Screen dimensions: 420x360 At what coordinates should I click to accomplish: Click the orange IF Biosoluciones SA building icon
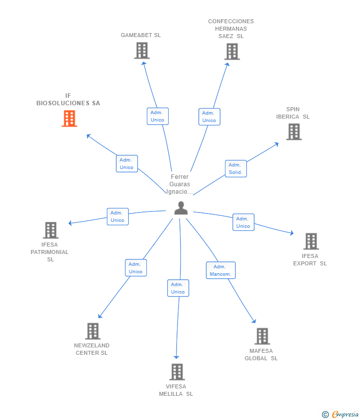(x=69, y=119)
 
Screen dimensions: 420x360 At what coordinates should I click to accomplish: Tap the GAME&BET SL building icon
(x=142, y=50)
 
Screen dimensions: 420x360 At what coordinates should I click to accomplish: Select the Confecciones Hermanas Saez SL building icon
(x=232, y=51)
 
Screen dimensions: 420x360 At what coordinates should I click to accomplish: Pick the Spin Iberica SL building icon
(x=294, y=132)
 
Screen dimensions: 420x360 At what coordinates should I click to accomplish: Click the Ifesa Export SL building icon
(x=311, y=242)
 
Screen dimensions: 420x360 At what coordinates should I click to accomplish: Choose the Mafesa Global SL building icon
(x=262, y=336)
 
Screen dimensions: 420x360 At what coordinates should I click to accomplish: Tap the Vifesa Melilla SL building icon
(x=177, y=372)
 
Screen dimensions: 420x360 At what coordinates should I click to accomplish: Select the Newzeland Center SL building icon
(x=92, y=331)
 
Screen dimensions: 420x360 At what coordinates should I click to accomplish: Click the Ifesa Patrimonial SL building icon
(x=50, y=230)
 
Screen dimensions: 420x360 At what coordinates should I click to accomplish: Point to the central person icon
(x=181, y=208)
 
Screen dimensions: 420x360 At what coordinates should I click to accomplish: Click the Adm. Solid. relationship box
(x=236, y=168)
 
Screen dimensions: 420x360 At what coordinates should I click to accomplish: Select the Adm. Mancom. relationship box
(x=221, y=270)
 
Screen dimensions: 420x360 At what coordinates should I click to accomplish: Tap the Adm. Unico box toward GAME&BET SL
(x=158, y=116)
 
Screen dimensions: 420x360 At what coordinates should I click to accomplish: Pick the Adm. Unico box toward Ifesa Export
(x=243, y=222)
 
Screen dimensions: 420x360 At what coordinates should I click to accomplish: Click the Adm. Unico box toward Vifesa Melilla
(x=178, y=288)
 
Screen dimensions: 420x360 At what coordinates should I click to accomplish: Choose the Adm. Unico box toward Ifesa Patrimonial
(x=118, y=216)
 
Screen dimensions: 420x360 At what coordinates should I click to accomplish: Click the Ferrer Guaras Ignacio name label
(x=180, y=184)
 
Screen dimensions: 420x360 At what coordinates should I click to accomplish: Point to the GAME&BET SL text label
(x=141, y=35)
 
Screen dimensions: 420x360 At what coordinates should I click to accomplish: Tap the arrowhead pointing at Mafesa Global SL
(x=254, y=321)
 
